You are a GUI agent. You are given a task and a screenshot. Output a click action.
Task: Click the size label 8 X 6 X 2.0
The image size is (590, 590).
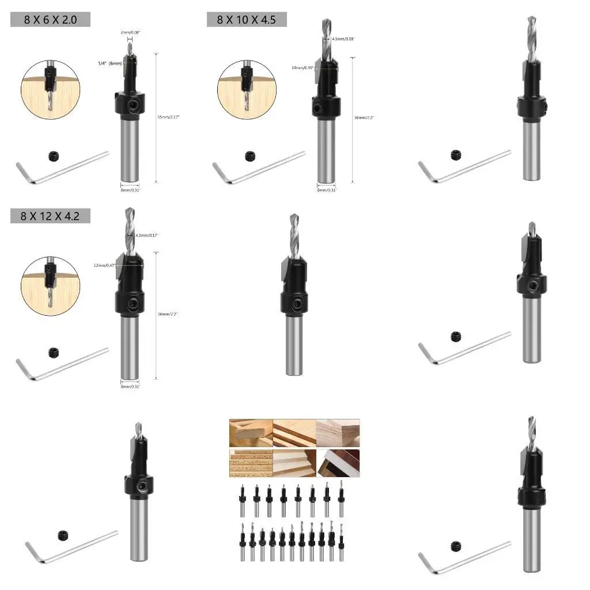[x=50, y=20]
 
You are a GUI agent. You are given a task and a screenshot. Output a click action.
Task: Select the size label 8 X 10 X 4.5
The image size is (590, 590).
[x=247, y=20]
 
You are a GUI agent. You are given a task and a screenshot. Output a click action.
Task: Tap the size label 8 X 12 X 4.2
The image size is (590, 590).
[x=50, y=216]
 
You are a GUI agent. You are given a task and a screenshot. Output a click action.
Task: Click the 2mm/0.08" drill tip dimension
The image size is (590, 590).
[x=130, y=33]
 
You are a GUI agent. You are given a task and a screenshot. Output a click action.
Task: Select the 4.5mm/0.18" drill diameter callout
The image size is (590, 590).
[x=344, y=39]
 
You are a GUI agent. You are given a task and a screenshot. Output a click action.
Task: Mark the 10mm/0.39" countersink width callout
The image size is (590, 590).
[x=303, y=67]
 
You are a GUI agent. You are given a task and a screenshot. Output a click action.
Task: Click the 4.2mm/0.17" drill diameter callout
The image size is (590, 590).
[x=146, y=235]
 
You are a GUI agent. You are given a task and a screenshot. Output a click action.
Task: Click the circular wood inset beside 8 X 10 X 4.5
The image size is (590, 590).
[x=247, y=88]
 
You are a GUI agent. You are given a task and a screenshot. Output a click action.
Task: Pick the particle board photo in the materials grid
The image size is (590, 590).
[x=250, y=463]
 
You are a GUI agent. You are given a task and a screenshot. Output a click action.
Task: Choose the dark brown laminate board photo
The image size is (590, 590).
[x=338, y=463]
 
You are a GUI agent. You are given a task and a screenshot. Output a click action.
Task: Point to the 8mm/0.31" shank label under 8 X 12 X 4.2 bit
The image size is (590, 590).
[x=130, y=386]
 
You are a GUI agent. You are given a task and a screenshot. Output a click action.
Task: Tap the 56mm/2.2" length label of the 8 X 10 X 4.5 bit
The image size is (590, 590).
[x=364, y=117]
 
